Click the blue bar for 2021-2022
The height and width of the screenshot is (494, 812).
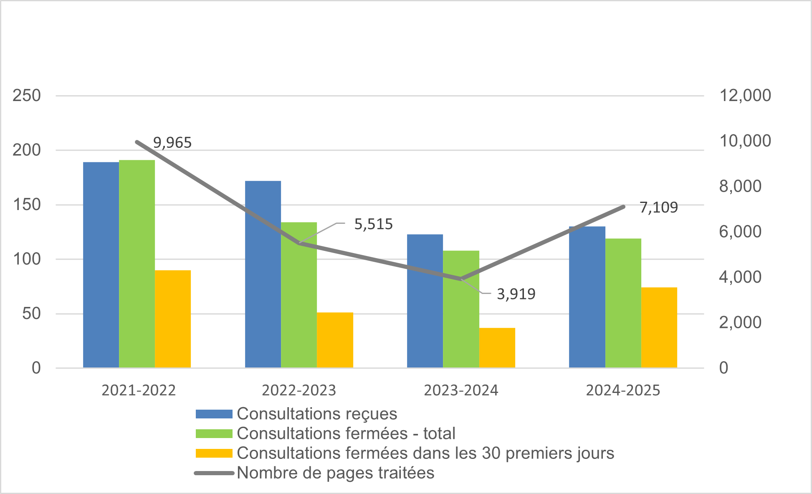101,265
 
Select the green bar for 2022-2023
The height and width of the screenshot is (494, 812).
299,295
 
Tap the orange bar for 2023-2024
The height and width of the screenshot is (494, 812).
497,347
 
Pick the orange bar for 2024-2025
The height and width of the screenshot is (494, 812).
659,327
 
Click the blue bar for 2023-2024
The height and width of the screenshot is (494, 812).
425,301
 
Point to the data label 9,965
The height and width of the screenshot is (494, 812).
172,143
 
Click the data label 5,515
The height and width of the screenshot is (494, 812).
373,224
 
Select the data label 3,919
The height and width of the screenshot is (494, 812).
516,294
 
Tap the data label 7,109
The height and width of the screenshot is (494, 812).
658,207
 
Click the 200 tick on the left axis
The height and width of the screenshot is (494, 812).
27,150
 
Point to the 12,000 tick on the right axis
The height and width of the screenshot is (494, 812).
745,95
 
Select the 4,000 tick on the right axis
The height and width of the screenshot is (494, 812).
740,277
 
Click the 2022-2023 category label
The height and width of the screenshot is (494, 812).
299,390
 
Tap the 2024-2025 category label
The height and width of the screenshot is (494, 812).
623,390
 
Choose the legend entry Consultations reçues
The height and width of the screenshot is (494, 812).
316,414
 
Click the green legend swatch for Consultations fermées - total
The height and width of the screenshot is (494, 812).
214,433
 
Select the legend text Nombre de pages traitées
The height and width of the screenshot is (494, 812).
335,473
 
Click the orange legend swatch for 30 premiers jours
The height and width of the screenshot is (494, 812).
214,453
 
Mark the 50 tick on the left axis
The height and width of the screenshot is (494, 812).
31,314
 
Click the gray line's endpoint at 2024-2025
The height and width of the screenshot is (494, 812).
623,207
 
